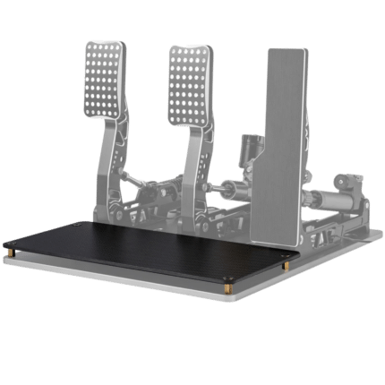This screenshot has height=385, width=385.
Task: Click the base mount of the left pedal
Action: click(x=116, y=211)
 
